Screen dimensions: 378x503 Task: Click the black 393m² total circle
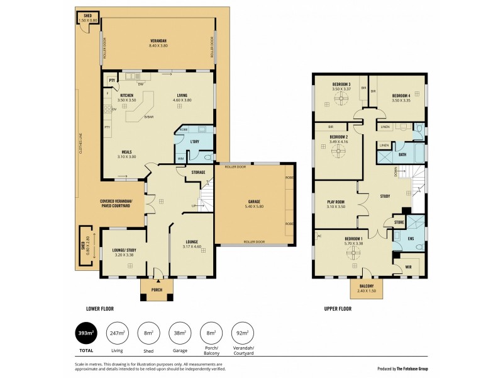[86, 333]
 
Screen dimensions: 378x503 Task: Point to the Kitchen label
[127, 95]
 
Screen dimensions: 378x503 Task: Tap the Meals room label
[126, 152]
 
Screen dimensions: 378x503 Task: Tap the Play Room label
[336, 202]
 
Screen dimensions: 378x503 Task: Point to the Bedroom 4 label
[401, 96]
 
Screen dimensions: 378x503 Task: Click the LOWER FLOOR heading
[100, 309]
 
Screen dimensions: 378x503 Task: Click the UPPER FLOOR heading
[337, 309]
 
